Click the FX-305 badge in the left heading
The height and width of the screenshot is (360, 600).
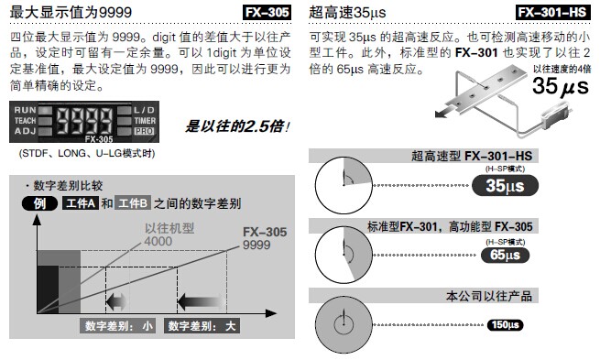coord(267,12)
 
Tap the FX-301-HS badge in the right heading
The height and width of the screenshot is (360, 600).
coord(552,12)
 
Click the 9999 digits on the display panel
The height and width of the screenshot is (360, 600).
coord(84,121)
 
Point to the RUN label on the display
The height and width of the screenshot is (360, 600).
coord(25,110)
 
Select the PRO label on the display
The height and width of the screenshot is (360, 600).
coord(144,131)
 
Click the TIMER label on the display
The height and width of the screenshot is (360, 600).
coord(145,121)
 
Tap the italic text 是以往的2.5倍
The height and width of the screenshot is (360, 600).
coord(237,126)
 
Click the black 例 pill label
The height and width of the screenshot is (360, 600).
coord(39,203)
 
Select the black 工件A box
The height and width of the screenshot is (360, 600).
coord(81,203)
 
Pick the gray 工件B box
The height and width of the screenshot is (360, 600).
coord(133,203)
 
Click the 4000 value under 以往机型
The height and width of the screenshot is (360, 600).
coord(158,242)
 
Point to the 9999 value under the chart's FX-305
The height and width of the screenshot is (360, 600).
coord(256,245)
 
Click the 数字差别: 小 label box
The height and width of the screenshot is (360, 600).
coord(118,326)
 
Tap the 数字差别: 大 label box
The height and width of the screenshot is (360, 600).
coord(202,326)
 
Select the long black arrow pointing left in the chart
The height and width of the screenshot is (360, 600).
coord(201,302)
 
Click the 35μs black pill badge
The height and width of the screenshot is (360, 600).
coord(505,186)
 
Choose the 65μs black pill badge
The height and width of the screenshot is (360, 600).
coord(505,256)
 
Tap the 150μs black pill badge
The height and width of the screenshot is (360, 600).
coord(505,325)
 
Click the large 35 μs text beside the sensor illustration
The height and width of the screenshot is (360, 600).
coord(561,86)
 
